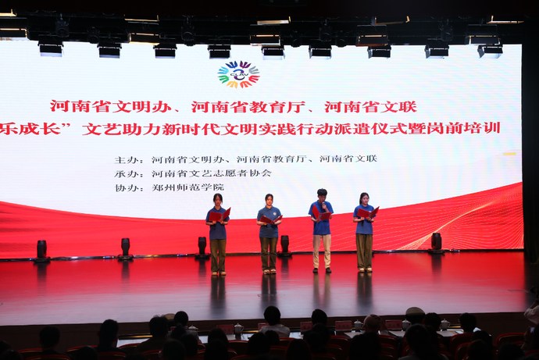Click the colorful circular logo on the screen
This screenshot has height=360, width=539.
coord(238,75)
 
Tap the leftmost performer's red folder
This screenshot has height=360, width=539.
coord(220,213)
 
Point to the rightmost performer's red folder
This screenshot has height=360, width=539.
coord(367,212)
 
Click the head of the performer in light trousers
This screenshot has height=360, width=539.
coord(322,194)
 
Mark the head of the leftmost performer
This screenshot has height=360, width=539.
coord(218,198)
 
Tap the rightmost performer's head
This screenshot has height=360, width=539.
coord(363,198)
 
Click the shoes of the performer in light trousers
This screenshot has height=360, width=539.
coord(321,269)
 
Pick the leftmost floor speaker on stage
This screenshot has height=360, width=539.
coord(41,250)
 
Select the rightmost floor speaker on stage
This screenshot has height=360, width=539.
coord(436,242)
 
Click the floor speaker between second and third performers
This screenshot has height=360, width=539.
coord(284,245)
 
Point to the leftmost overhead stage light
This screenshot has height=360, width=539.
coord(51,48)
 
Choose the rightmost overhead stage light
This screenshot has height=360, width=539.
coord(491,50)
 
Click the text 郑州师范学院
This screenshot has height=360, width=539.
coord(187,187)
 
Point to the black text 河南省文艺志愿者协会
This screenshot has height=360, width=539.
coord(212,173)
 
